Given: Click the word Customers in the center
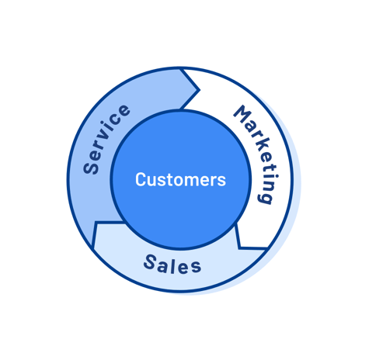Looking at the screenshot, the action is tap(180, 179).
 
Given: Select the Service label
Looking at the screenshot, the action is tap(106, 139).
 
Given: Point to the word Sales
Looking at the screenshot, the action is tap(172, 264).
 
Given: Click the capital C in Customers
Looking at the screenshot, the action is tap(141, 179).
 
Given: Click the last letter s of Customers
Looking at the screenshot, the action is tap(221, 181).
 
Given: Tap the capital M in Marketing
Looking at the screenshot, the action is tap(242, 114).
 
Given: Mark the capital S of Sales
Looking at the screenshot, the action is tap(151, 261).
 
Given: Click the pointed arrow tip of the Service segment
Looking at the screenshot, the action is tap(200, 90).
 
